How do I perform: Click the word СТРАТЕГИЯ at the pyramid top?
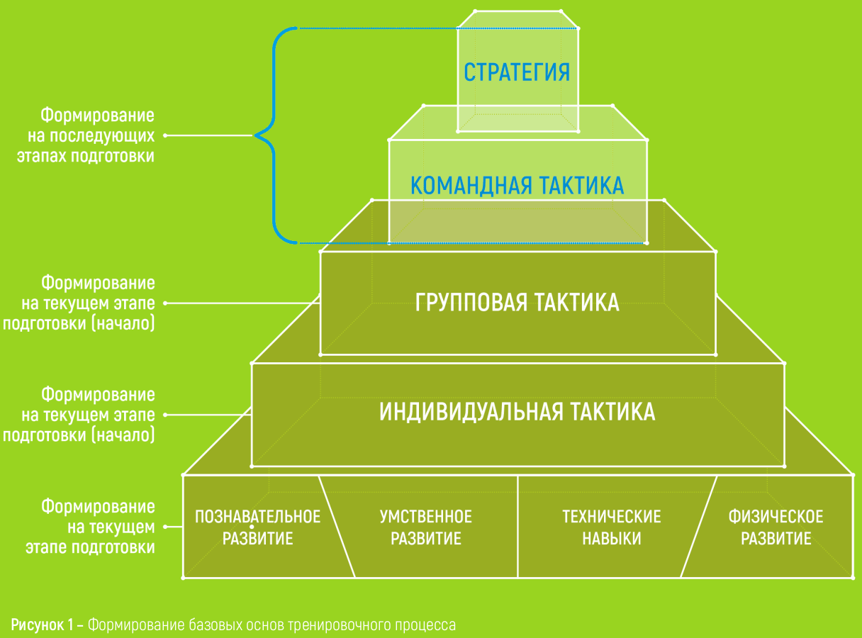[x=517, y=72]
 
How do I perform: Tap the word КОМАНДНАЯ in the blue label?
[x=471, y=185]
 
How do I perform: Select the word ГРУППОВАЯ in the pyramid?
[x=471, y=302]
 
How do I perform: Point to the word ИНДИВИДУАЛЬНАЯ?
[x=471, y=412]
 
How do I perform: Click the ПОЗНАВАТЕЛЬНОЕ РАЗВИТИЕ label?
[x=257, y=527]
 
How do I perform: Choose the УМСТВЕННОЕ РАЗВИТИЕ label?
[x=425, y=527]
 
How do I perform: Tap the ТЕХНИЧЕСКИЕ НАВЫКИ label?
[x=611, y=527]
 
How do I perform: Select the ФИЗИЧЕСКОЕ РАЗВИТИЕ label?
[x=776, y=527]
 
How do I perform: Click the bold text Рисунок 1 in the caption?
[x=42, y=625]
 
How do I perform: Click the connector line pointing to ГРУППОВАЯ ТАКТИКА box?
[x=242, y=303]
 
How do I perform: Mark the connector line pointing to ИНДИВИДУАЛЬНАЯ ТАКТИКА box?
[x=208, y=415]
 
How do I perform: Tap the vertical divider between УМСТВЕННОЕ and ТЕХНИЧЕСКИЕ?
[x=517, y=527]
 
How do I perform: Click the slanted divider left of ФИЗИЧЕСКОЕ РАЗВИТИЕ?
[x=699, y=527]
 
